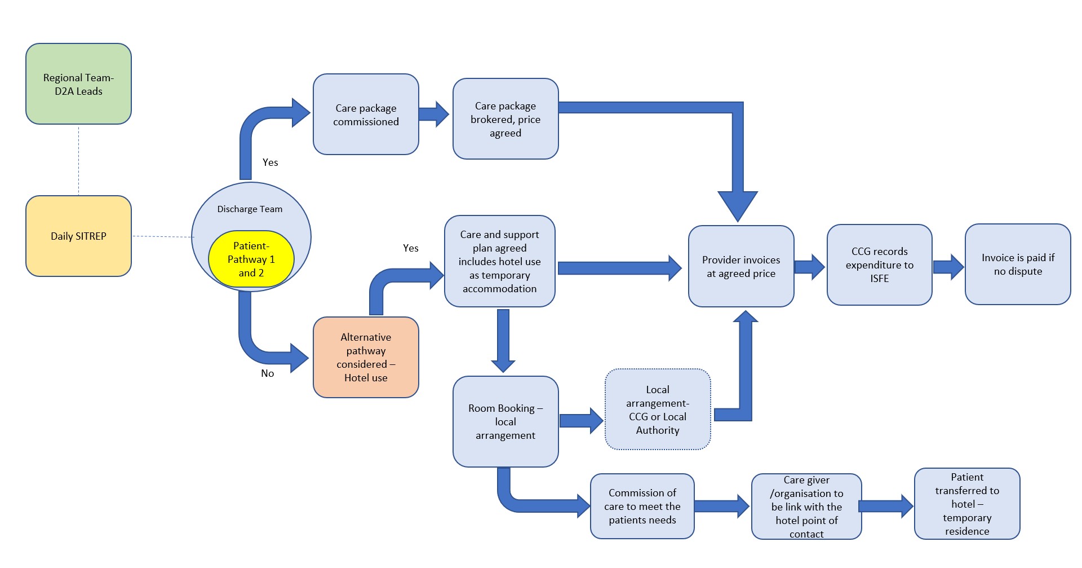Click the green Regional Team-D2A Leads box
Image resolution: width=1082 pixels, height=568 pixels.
78,84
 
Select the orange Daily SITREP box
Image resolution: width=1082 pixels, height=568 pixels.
78,236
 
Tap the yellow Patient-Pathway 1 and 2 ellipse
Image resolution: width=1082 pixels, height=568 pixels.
251,259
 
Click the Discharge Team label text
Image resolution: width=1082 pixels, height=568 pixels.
250,209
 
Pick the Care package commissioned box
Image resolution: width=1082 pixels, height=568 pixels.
366,115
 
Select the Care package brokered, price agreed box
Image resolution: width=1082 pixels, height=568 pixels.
505,119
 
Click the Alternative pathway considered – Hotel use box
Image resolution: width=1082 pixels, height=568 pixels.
366,357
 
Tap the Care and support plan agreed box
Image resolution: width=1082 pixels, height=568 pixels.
499,261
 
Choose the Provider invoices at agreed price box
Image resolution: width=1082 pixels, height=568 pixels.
741,266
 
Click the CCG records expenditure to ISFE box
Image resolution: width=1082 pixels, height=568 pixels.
879,265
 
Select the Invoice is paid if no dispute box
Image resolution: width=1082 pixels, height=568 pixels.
1017,264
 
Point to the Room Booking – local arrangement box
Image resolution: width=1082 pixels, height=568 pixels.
505,421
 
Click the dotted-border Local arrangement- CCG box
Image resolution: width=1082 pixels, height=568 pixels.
657,410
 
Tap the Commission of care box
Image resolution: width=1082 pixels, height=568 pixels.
642,506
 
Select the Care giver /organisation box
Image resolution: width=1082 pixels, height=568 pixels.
806,507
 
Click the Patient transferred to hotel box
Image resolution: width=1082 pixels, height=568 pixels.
966,504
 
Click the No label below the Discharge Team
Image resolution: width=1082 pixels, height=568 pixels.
267,373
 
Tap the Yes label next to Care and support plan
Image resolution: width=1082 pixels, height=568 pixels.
410,248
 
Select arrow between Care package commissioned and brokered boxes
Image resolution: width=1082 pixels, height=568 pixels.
433,114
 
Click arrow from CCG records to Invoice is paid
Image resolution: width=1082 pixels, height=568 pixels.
948,267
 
